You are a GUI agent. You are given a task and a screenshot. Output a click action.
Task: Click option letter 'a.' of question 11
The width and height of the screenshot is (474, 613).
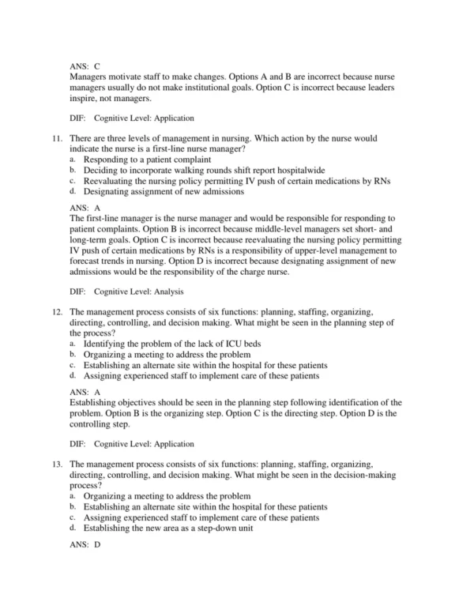coord(73,159)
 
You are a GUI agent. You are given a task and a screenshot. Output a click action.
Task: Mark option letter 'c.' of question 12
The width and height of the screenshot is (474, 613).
coord(73,366)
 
